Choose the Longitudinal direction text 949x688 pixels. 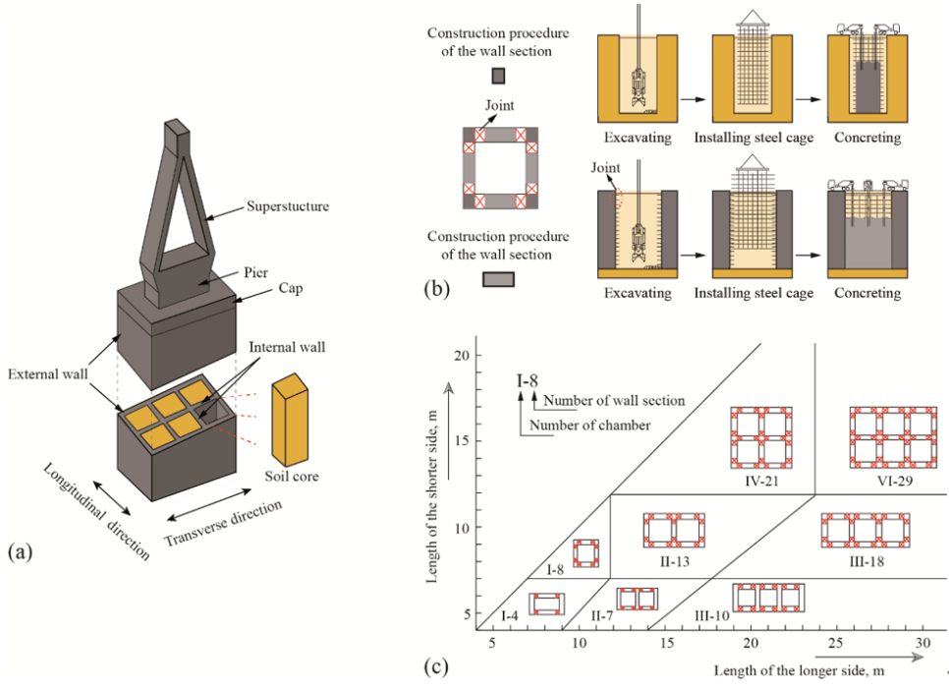[95, 511]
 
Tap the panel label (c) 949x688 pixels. [438, 667]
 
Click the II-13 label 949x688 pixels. [675, 559]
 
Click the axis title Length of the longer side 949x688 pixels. [792, 670]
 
